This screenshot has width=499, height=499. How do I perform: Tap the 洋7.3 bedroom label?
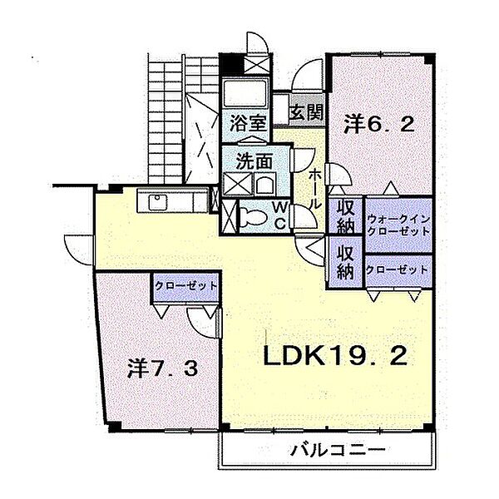[163, 368]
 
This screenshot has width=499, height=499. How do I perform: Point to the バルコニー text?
[338, 451]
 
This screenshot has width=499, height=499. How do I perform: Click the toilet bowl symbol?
[250, 216]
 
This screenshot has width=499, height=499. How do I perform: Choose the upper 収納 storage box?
[345, 217]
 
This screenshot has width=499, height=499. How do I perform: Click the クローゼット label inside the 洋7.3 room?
[185, 285]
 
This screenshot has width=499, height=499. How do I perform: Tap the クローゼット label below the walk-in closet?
[398, 270]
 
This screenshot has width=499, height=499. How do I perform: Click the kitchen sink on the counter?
[157, 202]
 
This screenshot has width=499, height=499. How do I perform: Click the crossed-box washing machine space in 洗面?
[234, 185]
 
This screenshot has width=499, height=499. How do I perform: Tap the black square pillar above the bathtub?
[230, 63]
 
